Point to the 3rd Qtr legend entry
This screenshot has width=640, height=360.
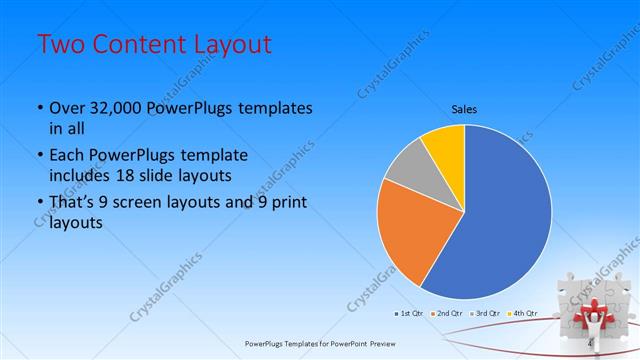[487, 313]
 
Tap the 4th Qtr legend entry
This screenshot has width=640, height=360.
[523, 313]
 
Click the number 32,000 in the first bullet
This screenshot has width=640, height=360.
[117, 108]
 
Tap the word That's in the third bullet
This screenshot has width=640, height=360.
[72, 204]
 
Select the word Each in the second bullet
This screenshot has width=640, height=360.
[67, 155]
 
